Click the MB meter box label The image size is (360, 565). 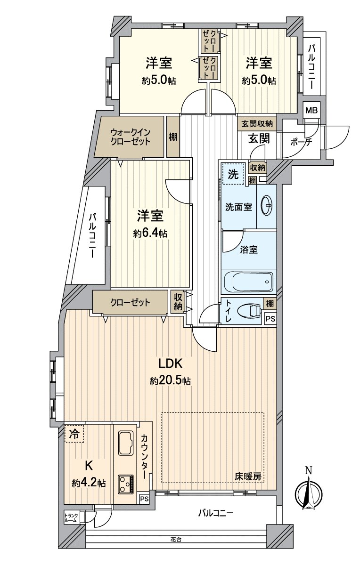(311, 110)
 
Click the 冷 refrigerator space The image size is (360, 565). (74, 434)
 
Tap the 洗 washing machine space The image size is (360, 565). (233, 174)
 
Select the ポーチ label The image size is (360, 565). (301, 143)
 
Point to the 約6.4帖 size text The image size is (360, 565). (150, 234)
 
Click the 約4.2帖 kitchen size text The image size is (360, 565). (89, 483)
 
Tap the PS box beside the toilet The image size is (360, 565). (270, 319)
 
